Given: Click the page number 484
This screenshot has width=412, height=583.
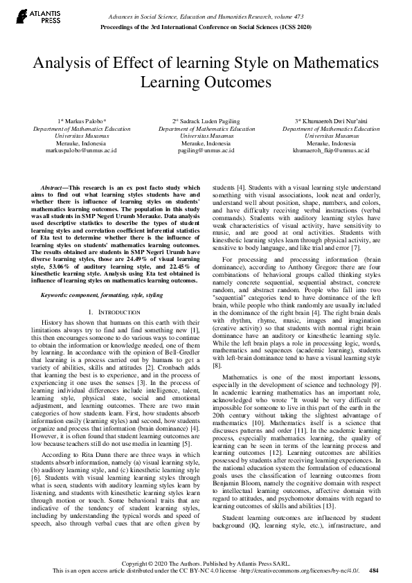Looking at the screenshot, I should [375, 571].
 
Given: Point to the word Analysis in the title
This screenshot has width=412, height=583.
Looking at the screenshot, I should [64, 64].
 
